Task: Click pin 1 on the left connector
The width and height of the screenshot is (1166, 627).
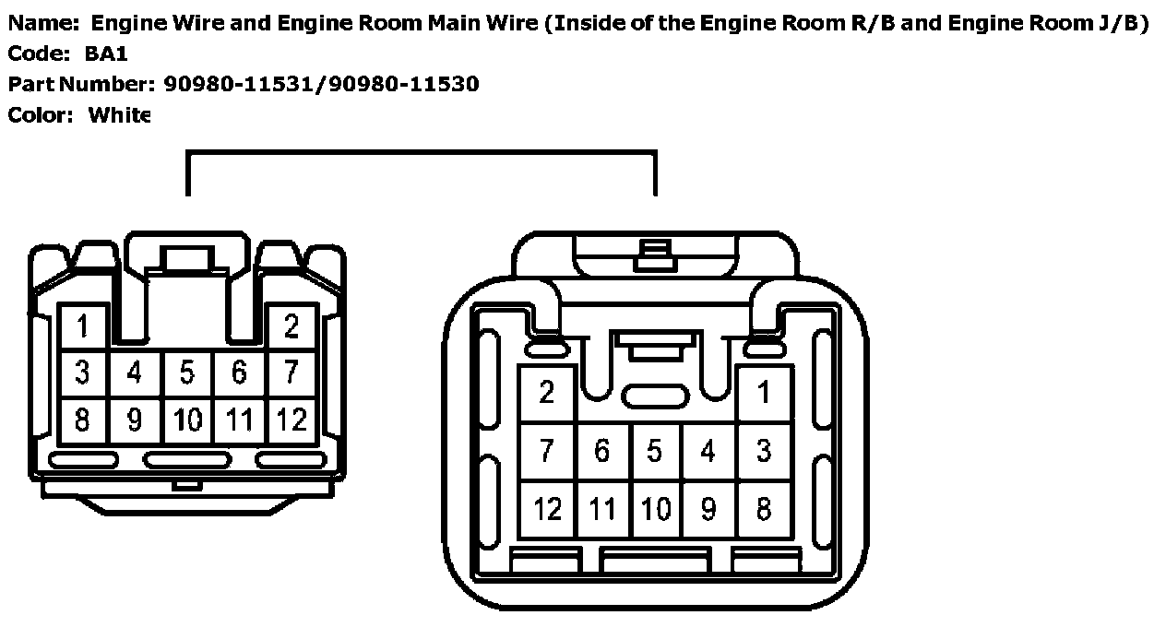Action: [83, 326]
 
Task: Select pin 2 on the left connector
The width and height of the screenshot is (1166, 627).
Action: [291, 326]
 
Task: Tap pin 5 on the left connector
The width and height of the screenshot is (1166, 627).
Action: [187, 373]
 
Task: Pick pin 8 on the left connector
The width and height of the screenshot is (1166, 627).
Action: [83, 420]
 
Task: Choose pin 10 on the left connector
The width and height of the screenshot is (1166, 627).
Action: [187, 420]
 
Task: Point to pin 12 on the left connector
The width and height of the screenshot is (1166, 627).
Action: [291, 420]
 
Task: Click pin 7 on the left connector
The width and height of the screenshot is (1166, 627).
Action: [291, 373]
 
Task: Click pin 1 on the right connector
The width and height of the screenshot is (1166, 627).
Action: [764, 394]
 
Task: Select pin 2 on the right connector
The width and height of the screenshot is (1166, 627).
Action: [547, 394]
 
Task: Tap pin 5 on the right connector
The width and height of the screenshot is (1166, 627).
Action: [655, 452]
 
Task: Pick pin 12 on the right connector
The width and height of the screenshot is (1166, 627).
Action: [547, 509]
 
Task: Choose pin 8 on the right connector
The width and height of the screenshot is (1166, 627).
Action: [764, 509]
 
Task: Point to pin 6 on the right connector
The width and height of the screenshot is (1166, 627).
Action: [601, 452]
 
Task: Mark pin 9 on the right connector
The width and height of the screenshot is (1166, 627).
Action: [708, 509]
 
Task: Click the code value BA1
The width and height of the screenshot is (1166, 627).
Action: [107, 54]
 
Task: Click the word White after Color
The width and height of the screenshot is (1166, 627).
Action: [118, 115]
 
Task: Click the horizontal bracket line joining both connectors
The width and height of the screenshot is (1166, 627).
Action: [421, 154]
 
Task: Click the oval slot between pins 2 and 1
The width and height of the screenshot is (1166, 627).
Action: [655, 396]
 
